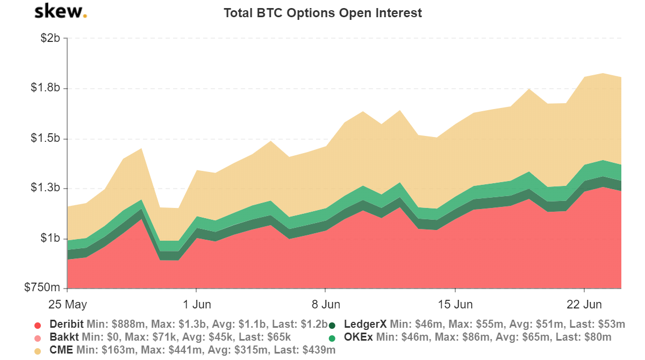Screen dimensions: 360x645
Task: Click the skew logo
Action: pyautogui.click(x=60, y=12)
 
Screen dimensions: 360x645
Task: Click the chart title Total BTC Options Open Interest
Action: pyautogui.click(x=322, y=13)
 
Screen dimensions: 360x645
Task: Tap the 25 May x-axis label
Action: pyautogui.click(x=67, y=305)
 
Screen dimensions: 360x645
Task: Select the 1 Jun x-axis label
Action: pyautogui.click(x=196, y=305)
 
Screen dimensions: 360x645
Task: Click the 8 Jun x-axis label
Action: pyautogui.click(x=326, y=305)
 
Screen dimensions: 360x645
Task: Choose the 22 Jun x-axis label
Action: pyautogui.click(x=584, y=305)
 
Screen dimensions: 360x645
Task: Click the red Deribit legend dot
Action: pyautogui.click(x=38, y=325)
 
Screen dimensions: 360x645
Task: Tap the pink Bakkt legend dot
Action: pyautogui.click(x=38, y=338)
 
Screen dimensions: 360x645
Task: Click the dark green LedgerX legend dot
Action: pyautogui.click(x=332, y=325)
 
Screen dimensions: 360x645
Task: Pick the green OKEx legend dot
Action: pyautogui.click(x=332, y=338)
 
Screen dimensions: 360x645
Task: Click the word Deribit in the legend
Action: pyautogui.click(x=66, y=324)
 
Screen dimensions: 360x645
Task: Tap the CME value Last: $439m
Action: pyautogui.click(x=304, y=350)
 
